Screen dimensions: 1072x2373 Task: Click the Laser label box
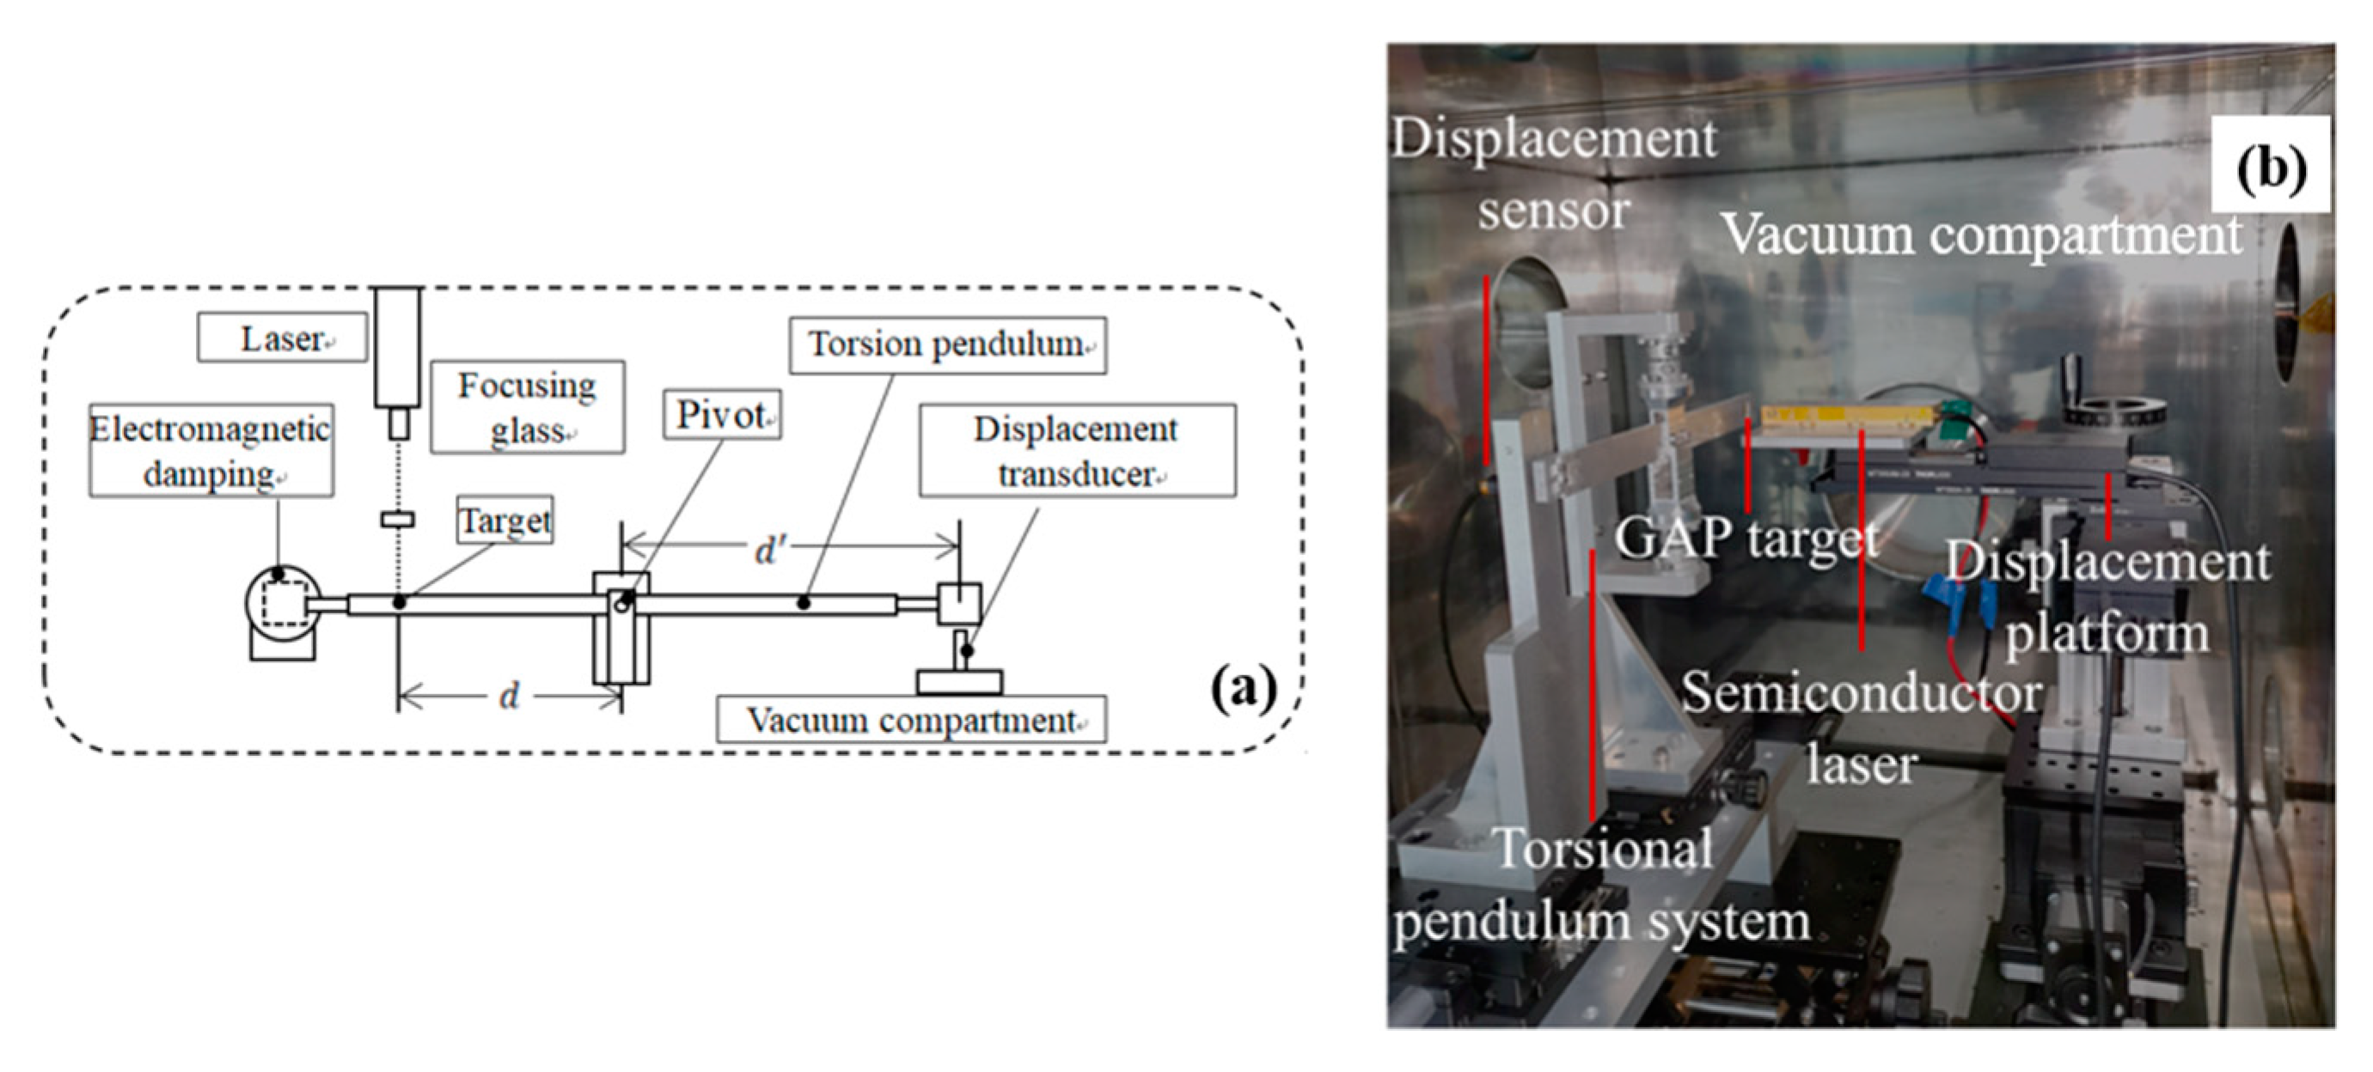coord(282,338)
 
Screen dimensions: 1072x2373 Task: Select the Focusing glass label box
coord(527,407)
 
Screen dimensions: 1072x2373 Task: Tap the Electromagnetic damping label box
coord(211,450)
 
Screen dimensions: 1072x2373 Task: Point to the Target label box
coord(505,521)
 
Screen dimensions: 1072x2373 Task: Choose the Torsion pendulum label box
coord(948,345)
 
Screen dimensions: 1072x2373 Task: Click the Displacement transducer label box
coord(1077,450)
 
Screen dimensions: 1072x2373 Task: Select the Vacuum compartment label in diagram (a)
coord(911,720)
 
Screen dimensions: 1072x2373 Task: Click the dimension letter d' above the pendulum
coord(768,551)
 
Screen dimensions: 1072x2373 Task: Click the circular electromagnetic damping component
coord(283,603)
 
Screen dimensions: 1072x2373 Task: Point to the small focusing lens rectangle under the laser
coord(397,521)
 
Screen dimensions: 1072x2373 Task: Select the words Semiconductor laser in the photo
coord(1862,728)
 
